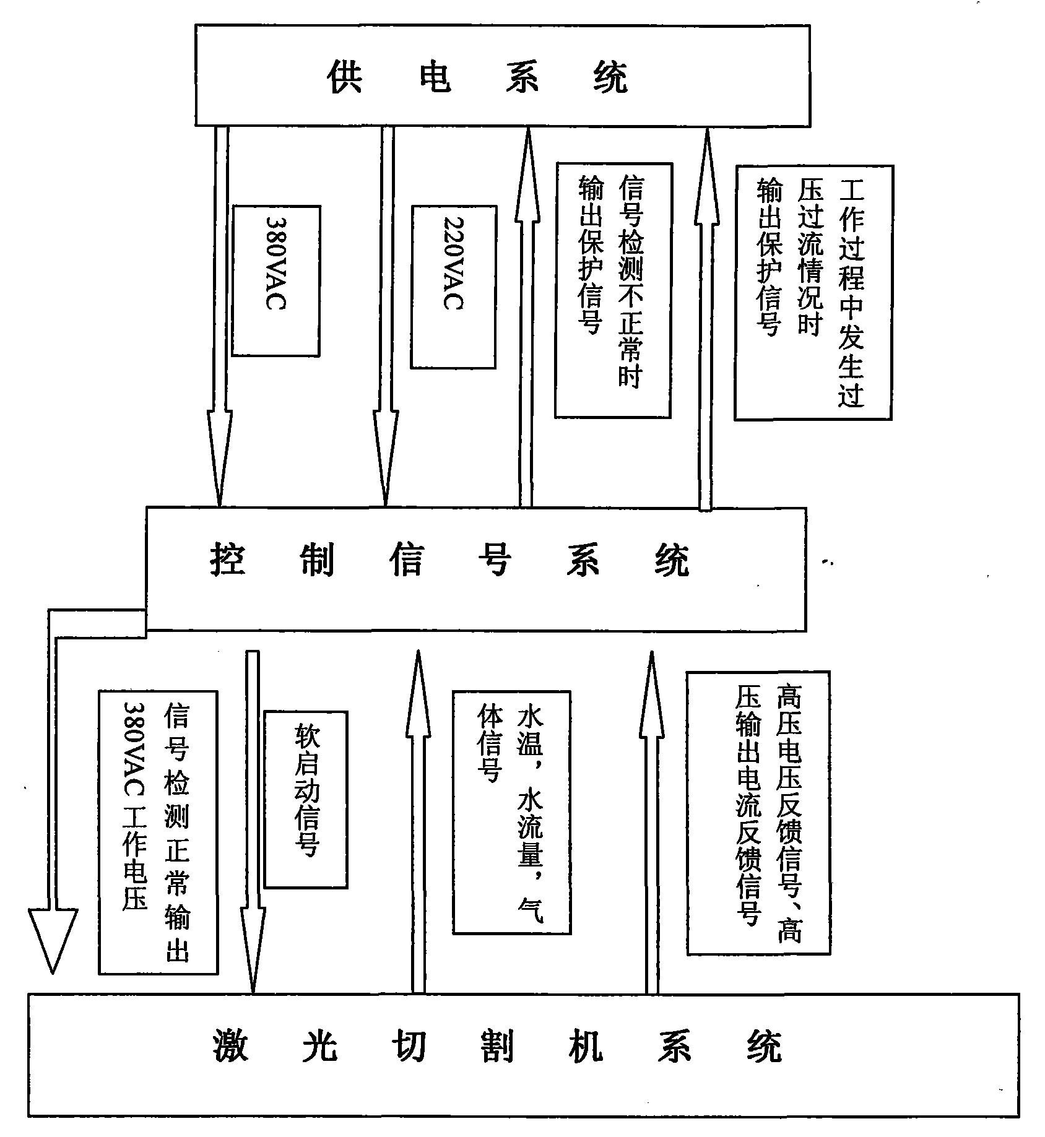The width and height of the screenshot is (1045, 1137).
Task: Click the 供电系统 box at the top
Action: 502,76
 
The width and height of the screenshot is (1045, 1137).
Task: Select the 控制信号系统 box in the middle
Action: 475,569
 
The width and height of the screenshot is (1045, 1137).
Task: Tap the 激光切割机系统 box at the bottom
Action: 523,1063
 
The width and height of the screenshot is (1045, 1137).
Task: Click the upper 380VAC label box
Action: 275,280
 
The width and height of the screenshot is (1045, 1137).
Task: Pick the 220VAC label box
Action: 453,287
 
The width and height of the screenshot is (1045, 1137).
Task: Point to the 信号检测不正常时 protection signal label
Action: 612,290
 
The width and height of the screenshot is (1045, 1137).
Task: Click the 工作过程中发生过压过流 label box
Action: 813,292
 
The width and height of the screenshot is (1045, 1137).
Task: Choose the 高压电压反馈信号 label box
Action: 758,813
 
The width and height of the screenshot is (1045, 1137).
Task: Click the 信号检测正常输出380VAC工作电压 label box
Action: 158,832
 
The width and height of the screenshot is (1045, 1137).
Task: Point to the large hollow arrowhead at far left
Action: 53,937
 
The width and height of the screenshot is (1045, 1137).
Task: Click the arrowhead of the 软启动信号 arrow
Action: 252,953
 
